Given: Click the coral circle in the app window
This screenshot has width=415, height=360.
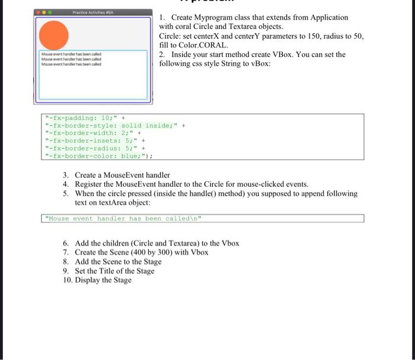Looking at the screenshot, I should point(54,34).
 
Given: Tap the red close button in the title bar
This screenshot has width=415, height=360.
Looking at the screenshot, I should point(40,12).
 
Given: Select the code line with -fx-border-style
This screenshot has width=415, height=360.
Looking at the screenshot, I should point(113,125).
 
